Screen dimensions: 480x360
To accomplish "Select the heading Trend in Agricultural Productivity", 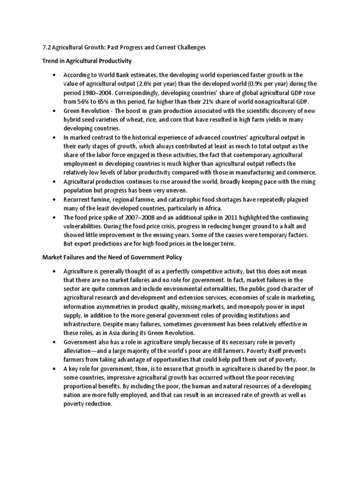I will click(x=87, y=61).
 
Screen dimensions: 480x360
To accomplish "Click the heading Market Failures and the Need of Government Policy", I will click(x=112, y=257).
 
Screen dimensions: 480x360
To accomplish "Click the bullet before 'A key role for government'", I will click(x=54, y=369).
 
